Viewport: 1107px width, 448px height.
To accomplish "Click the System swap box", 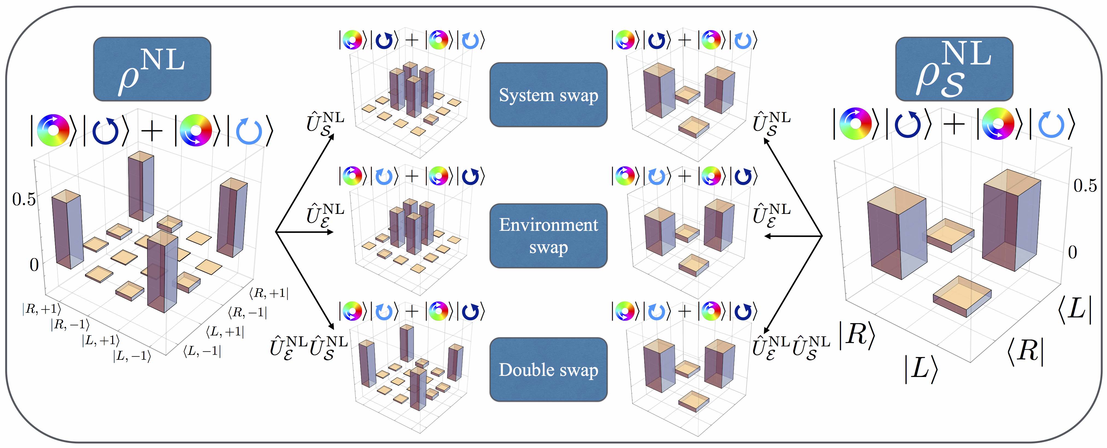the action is pyautogui.click(x=548, y=95).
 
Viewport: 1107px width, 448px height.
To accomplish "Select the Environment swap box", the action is pyautogui.click(x=548, y=236).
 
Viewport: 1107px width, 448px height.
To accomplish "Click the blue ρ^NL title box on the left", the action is pyautogui.click(x=152, y=69).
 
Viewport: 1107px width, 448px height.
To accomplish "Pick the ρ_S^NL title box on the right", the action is pyautogui.click(x=954, y=69).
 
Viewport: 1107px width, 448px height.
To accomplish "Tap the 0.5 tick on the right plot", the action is pyautogui.click(x=1085, y=185).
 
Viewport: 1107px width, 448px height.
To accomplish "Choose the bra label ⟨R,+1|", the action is pyautogui.click(x=269, y=293).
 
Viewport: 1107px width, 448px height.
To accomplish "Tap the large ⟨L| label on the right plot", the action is pyautogui.click(x=1075, y=309).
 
